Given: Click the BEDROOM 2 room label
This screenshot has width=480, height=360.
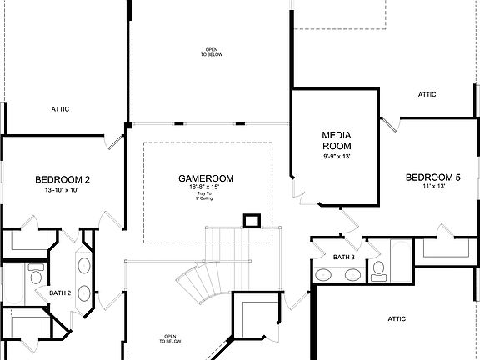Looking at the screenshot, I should point(62,179).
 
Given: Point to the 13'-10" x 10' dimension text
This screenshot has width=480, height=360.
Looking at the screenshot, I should point(61,190).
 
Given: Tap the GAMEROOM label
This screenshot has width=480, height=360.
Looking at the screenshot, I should point(205,178).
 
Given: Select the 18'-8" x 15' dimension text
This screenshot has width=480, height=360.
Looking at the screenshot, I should point(205,187).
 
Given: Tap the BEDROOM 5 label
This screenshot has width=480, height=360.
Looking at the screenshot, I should point(432,177).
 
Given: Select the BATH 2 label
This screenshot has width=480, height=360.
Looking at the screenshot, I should point(59,293).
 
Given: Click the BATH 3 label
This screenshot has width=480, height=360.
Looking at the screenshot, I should point(344,257).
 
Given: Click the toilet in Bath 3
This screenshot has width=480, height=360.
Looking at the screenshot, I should point(379,268).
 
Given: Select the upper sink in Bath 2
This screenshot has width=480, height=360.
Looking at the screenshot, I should point(85,267).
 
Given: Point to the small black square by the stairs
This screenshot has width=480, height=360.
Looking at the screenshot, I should point(251,221).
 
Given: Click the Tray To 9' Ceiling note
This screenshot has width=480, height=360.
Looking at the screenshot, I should point(205,197).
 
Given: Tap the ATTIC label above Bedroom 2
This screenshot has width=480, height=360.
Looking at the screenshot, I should point(60,108).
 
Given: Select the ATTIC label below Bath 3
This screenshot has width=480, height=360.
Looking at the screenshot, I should point(397,317).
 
